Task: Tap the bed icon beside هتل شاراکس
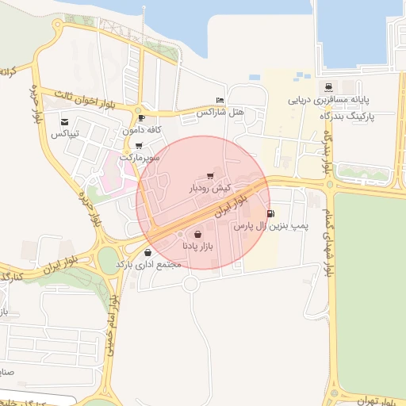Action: [x=220, y=101]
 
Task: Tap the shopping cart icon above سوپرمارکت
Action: [x=140, y=146]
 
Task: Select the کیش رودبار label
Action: [x=209, y=189]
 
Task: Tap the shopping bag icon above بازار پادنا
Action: [x=197, y=235]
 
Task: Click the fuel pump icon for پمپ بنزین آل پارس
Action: [x=272, y=213]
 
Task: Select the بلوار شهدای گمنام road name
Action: [x=327, y=239]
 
